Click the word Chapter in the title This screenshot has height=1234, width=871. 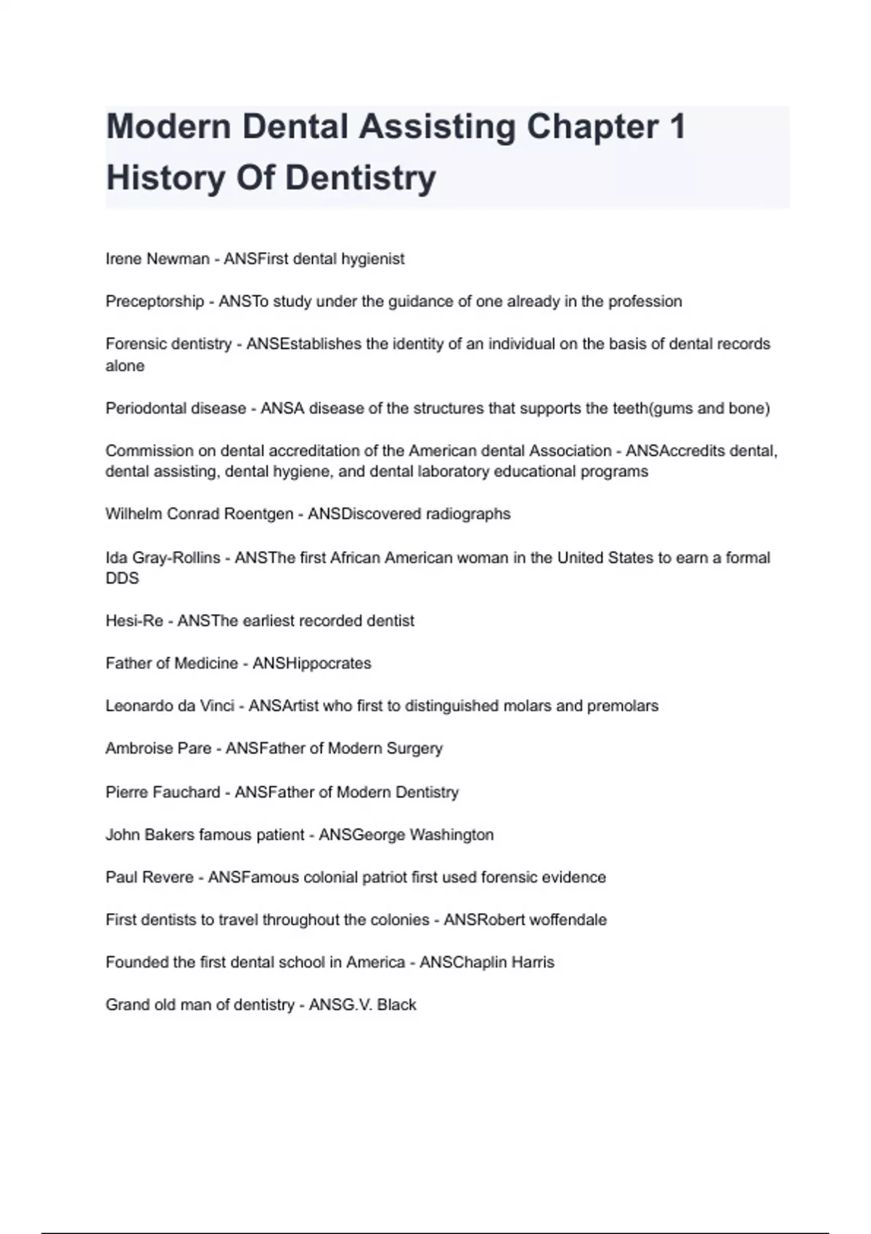[x=592, y=127]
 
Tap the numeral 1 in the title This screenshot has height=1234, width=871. [x=676, y=127]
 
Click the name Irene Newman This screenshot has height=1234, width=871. [x=158, y=259]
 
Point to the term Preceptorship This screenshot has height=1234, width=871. [x=155, y=301]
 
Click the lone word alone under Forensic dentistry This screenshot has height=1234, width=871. [x=125, y=366]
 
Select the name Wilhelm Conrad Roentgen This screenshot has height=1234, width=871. [x=199, y=514]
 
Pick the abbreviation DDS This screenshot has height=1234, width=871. [x=122, y=579]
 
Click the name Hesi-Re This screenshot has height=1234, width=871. [x=134, y=621]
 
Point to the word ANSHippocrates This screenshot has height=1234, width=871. [x=311, y=663]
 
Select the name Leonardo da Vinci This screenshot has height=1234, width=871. [x=170, y=706]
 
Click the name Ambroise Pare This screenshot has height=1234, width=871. [x=158, y=748]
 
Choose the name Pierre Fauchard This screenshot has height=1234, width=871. [x=163, y=792]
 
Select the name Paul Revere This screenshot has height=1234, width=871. [x=150, y=878]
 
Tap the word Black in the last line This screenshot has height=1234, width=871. [x=396, y=1005]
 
